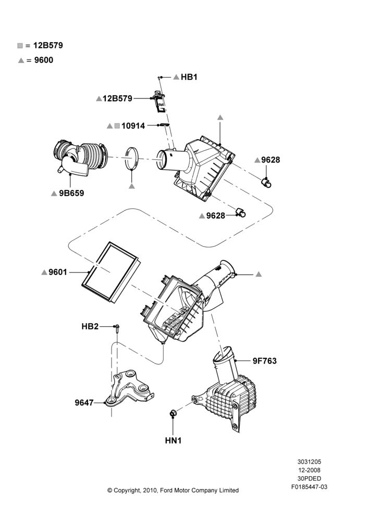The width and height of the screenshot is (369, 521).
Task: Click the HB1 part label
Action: (189, 77)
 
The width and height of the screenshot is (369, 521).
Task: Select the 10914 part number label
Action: (133, 126)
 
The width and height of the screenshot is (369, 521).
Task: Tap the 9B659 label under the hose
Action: (71, 193)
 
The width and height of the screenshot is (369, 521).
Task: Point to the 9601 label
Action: (58, 272)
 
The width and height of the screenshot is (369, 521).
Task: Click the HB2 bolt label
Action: (90, 327)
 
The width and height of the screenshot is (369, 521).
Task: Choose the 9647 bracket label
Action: (84, 403)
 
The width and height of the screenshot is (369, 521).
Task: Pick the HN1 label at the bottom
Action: (173, 441)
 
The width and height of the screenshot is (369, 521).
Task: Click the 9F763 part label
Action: (265, 361)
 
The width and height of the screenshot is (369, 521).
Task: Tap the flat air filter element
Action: (111, 272)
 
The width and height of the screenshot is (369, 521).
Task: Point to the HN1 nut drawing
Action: (173, 413)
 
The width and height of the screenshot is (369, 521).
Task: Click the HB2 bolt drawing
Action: (117, 329)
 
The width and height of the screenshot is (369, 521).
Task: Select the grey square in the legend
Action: (20, 45)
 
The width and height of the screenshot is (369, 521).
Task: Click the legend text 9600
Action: (44, 60)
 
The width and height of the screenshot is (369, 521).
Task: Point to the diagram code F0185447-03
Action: (309, 487)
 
